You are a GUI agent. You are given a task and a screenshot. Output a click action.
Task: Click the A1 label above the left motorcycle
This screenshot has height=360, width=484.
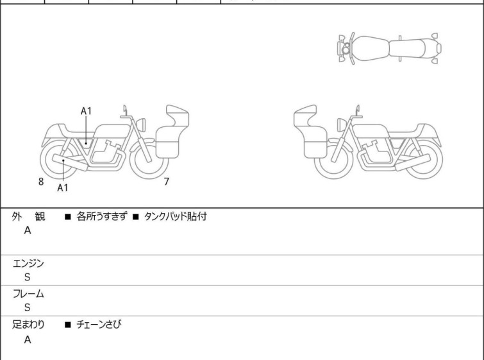click(x=86, y=111)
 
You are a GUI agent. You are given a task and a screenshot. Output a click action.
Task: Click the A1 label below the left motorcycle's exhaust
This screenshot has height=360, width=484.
click(x=63, y=187)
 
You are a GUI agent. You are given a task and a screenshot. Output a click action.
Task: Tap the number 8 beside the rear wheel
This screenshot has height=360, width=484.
click(x=41, y=182)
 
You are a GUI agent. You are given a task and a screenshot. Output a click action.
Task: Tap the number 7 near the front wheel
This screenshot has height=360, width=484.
click(x=167, y=182)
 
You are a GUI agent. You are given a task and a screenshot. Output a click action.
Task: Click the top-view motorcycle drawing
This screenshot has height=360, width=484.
click(x=389, y=48)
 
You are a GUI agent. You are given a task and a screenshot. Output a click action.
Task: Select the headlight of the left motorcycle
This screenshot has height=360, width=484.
click(x=141, y=125)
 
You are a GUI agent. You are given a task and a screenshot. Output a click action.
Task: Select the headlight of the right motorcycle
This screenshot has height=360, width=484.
click(x=342, y=125)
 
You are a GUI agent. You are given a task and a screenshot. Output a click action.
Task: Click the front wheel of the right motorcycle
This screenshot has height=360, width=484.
click(x=334, y=159)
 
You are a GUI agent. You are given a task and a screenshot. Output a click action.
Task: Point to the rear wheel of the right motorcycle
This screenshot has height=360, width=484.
click(x=423, y=159)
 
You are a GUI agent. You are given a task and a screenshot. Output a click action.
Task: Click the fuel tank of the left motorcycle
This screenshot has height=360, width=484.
click(x=112, y=132)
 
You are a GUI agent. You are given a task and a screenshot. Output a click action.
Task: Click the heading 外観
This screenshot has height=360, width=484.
click(x=28, y=217)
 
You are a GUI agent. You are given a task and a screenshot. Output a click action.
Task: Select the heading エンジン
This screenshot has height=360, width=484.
click(x=28, y=264)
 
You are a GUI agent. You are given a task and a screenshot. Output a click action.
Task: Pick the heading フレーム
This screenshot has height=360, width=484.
click(x=28, y=294)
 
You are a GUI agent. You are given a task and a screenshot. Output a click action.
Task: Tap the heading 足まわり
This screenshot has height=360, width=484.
click(x=28, y=325)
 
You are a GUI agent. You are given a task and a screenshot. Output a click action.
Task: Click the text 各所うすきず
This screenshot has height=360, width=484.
click(x=102, y=216)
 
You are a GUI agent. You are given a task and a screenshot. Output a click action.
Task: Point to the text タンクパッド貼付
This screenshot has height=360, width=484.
click(x=175, y=216)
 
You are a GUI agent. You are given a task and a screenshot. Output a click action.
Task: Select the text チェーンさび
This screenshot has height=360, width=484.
click(x=99, y=324)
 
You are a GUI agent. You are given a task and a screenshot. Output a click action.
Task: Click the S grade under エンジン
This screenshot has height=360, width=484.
click(x=28, y=277)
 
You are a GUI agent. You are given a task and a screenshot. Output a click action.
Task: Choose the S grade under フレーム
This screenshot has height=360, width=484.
click(x=28, y=307)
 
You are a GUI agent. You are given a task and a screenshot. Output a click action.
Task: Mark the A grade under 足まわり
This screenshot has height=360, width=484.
click(x=28, y=339)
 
